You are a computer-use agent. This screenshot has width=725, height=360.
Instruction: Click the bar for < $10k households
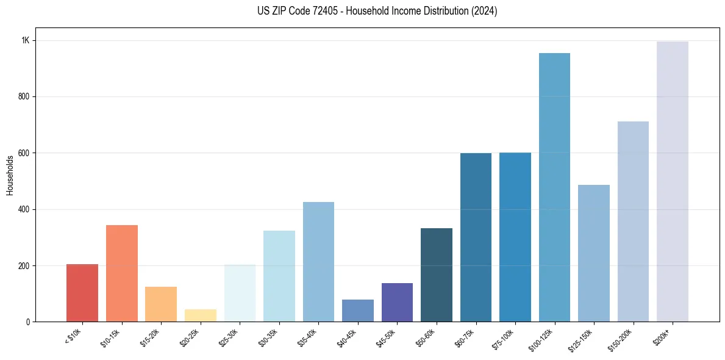click(x=82, y=293)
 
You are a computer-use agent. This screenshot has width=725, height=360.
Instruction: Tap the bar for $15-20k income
click(x=161, y=304)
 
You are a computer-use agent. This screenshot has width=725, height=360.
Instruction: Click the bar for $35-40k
click(x=318, y=262)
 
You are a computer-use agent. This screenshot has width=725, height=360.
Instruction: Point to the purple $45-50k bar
click(x=397, y=302)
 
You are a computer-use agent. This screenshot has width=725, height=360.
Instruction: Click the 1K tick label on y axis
click(x=26, y=40)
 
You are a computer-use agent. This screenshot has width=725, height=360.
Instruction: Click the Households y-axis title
click(x=10, y=175)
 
